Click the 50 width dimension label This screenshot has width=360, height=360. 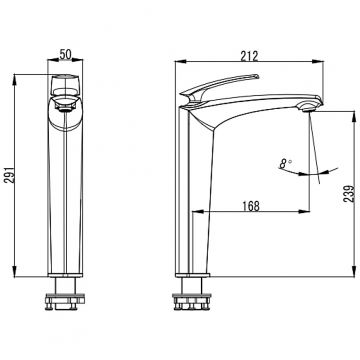click(x=66, y=54)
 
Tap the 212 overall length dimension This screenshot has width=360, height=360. click(x=250, y=56)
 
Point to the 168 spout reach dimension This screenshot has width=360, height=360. click(x=251, y=206)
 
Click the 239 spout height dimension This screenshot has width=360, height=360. click(x=349, y=194)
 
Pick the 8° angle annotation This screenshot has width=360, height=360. click(x=285, y=163)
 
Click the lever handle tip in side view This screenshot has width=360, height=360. click(x=256, y=77)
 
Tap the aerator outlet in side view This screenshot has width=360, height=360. click(x=309, y=107)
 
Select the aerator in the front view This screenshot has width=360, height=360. click(x=65, y=107)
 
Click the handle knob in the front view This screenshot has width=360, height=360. click(x=65, y=86)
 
